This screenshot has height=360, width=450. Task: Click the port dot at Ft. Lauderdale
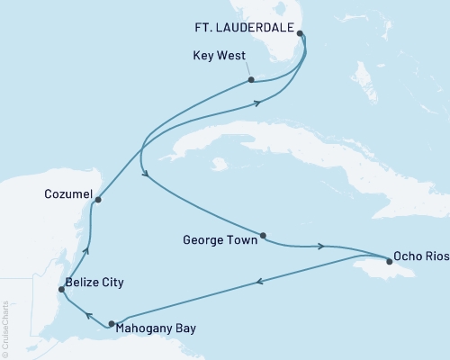300,35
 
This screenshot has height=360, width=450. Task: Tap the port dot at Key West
251,80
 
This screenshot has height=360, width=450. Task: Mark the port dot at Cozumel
98,200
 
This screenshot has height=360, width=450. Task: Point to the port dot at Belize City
61,289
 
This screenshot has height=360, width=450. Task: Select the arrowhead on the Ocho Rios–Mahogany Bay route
260,283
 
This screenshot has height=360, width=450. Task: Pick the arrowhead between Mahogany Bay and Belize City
87,315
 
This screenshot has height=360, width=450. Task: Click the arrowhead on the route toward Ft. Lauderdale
258,103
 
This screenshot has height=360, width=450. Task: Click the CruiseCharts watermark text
5,315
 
